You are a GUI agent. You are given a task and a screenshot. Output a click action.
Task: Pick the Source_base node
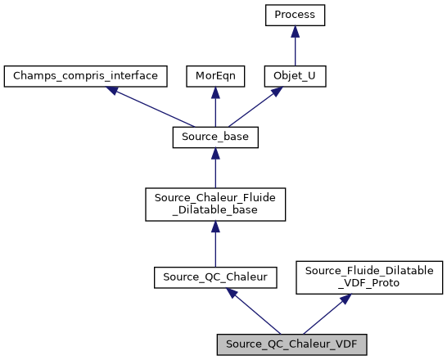pyautogui.click(x=215, y=137)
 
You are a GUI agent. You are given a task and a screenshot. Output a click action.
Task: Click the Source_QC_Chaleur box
pyautogui.click(x=215, y=277)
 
